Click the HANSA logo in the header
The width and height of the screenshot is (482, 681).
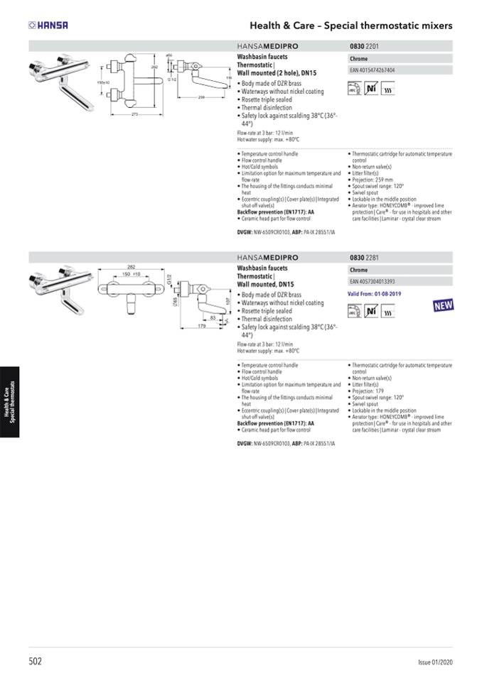click(48, 26)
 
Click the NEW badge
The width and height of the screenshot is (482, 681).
click(443, 307)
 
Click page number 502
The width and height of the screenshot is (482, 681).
click(36, 661)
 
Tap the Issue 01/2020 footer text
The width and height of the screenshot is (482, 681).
click(435, 662)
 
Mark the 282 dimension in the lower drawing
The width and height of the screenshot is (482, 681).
click(131, 266)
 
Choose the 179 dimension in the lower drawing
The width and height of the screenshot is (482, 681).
click(202, 327)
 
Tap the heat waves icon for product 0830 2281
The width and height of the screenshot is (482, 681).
click(389, 310)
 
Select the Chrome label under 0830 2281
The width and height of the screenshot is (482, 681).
click(358, 270)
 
